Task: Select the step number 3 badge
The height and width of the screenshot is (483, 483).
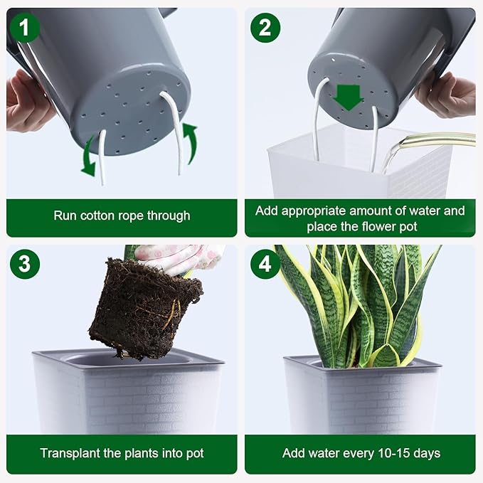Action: coord(26,264)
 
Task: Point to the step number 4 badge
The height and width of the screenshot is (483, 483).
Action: coord(265,264)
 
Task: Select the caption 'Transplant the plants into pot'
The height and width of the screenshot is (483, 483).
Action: coord(122,453)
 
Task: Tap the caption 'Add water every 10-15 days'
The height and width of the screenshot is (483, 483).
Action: coord(361,453)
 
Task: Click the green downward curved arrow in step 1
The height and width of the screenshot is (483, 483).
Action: coord(87,156)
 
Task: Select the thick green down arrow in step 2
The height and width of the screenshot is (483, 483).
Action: coord(349,97)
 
